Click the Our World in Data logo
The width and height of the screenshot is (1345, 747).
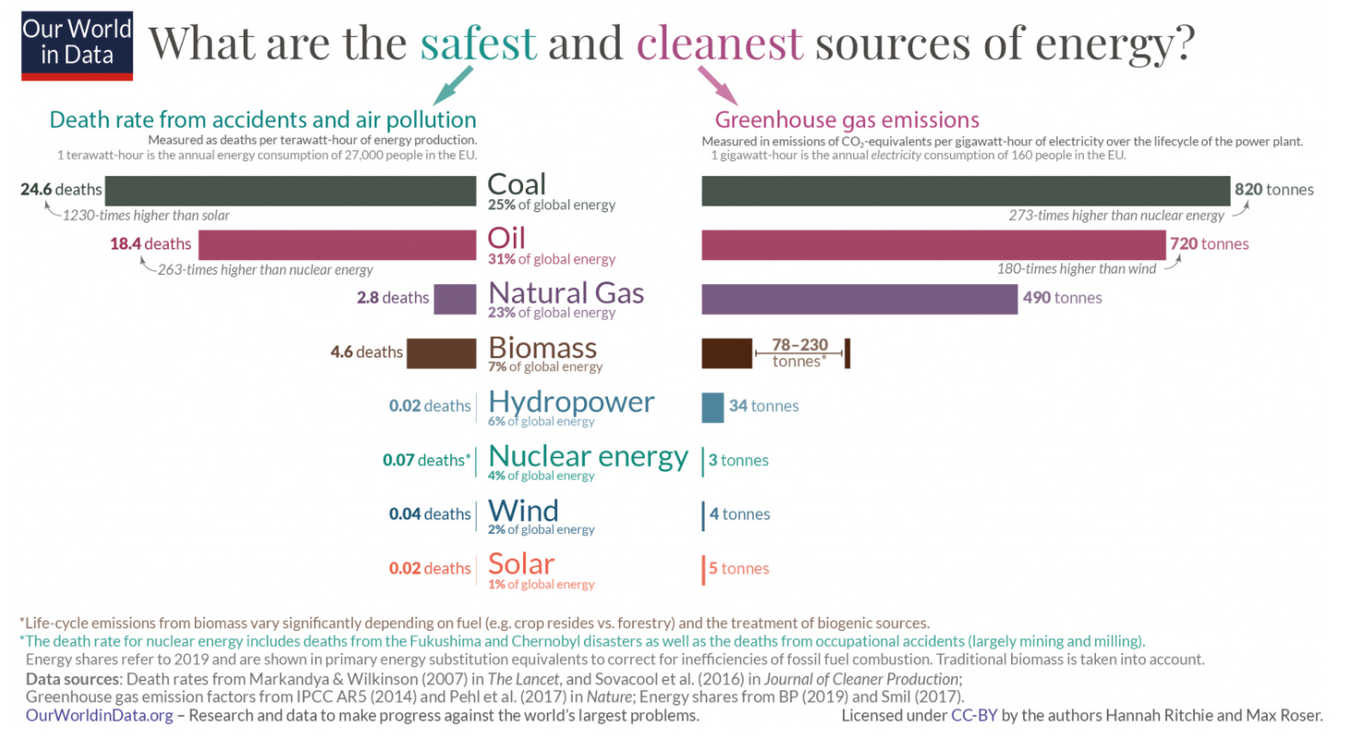tap(78, 42)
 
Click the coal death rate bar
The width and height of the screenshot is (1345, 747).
tap(290, 190)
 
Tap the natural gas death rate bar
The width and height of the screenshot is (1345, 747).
tap(454, 298)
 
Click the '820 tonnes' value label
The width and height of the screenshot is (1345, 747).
tap(1274, 190)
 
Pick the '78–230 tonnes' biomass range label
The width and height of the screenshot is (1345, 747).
tap(799, 352)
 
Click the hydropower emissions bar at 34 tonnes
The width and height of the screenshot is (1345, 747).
tap(712, 407)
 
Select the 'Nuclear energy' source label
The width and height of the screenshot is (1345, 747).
tap(588, 456)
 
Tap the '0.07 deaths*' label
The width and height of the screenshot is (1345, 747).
tap(426, 459)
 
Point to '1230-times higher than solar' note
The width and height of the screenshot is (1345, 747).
tap(145, 215)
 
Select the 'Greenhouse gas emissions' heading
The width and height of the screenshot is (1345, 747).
tap(847, 120)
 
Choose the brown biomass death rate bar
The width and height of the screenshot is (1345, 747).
tap(440, 352)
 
